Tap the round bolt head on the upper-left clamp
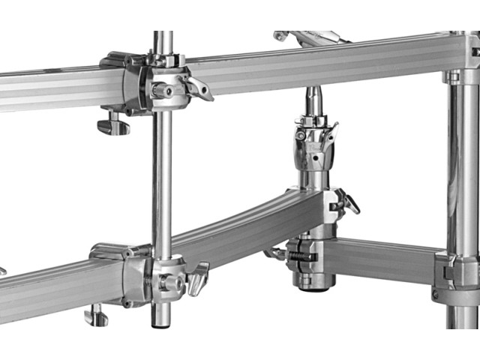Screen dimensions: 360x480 point(160,90)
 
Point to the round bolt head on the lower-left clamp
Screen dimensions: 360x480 point(166,283)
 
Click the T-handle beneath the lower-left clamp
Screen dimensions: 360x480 point(95,315)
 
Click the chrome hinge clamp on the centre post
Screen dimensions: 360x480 point(315,146)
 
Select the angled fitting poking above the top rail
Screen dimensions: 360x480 point(307,36)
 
